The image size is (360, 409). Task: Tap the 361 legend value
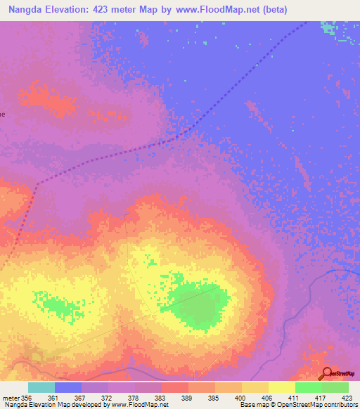(x=68, y=397)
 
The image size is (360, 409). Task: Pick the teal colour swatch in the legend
(x=41, y=387)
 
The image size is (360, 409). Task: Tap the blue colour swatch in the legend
(x=68, y=387)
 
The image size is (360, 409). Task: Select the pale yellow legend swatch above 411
(x=282, y=387)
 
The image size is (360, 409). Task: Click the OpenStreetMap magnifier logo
(x=326, y=373)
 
